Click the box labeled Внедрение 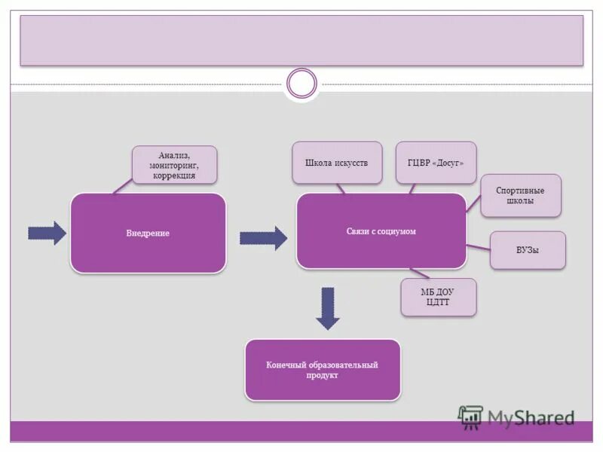(148, 233)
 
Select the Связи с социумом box (381, 231)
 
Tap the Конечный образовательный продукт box (322, 370)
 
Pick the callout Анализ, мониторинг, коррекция (174, 164)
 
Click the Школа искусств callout (336, 162)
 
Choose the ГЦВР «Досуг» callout (436, 162)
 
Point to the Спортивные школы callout (521, 196)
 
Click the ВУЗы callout (528, 250)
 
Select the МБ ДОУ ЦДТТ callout (438, 297)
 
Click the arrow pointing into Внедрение (47, 234)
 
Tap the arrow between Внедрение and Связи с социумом (263, 238)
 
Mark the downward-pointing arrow (328, 308)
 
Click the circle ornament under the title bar (302, 84)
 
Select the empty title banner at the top (301, 40)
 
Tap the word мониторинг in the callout (174, 165)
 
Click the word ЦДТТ (438, 302)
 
